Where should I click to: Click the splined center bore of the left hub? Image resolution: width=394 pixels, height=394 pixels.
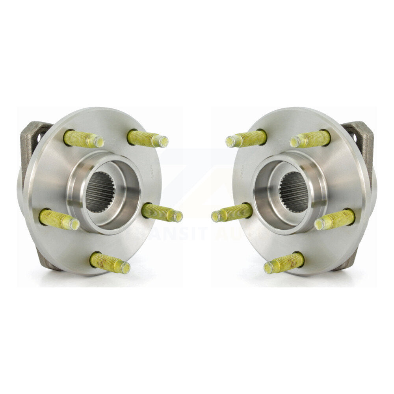tap(100, 192)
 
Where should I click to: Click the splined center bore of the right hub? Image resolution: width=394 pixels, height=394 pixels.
tap(294, 192)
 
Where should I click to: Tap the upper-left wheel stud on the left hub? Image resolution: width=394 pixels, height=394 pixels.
tap(83, 139)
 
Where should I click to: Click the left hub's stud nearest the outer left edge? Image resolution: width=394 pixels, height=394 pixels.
tap(59, 219)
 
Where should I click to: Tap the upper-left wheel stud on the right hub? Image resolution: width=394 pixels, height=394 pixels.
tap(247, 139)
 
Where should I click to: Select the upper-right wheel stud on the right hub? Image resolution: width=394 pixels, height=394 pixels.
tap(310, 139)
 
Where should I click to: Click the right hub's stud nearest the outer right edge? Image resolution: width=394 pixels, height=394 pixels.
tap(335, 219)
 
